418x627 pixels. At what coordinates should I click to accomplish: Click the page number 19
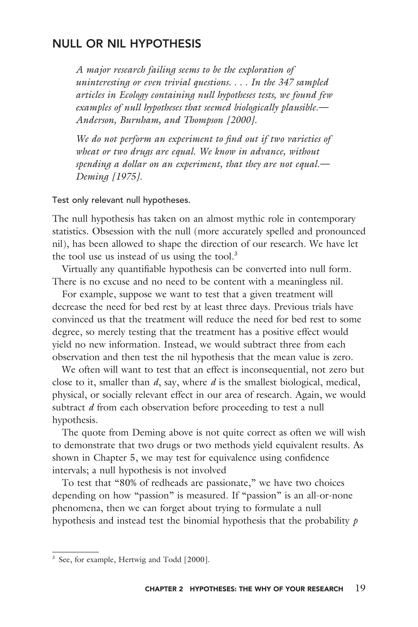(360, 588)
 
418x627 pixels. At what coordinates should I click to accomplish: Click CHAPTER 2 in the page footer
(164, 589)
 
